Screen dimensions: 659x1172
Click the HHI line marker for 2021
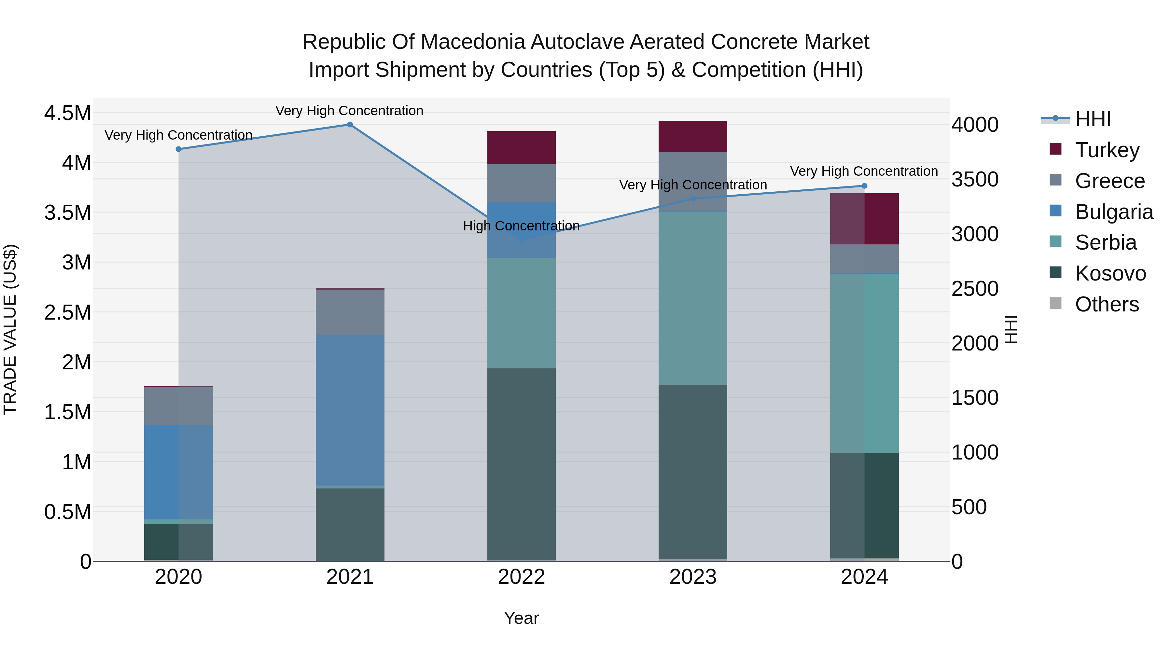click(350, 125)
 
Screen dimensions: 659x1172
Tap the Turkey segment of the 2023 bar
click(692, 136)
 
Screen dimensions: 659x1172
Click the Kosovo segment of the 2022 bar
click(522, 464)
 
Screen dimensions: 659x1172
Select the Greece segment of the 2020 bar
click(178, 406)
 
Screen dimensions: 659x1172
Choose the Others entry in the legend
click(1107, 304)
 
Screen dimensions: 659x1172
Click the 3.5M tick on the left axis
click(67, 213)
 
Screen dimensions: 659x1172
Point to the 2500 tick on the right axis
click(974, 289)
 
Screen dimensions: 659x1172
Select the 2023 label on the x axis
click(692, 577)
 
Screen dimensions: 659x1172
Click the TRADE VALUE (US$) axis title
click(10, 329)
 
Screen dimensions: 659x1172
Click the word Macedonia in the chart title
click(473, 42)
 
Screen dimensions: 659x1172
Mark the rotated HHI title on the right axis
click(1010, 329)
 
